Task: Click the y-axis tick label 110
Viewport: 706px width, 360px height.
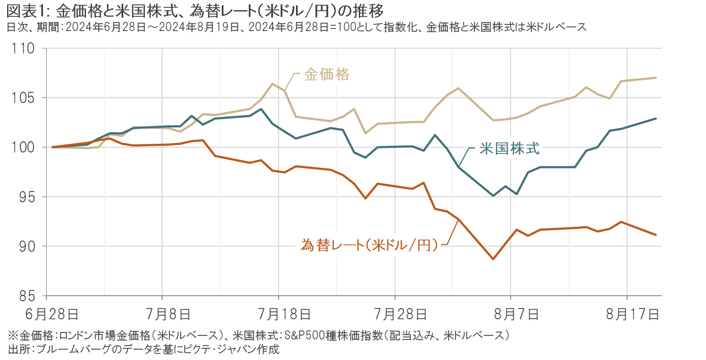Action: point(23,49)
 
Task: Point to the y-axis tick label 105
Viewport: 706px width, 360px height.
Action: point(23,98)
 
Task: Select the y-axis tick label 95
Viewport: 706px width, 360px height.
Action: point(27,197)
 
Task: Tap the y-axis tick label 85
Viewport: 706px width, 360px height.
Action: point(27,296)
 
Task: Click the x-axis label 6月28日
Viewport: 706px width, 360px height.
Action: point(52,314)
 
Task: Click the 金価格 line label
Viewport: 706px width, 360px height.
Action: point(327,75)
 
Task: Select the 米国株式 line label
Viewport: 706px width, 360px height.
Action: point(509,148)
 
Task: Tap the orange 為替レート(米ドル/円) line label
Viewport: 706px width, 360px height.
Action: point(369,245)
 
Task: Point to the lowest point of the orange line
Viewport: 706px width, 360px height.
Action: point(493,259)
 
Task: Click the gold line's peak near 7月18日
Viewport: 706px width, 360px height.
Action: point(273,84)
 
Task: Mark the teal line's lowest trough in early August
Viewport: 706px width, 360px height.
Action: point(493,196)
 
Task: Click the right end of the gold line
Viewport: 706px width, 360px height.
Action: point(656,78)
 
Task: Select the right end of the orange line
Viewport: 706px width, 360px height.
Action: point(656,235)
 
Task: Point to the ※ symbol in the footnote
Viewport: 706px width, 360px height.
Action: point(13,335)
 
